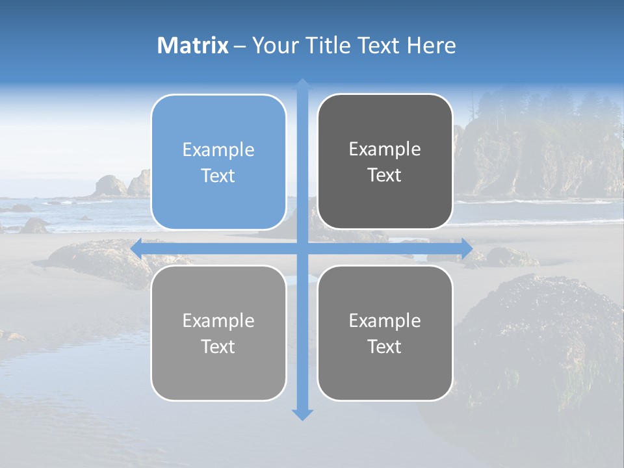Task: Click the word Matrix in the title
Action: click(192, 45)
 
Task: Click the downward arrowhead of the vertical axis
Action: click(302, 414)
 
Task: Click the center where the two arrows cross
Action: click(302, 248)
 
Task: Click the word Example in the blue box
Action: click(218, 149)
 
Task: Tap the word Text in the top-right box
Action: click(385, 175)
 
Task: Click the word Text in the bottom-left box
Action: click(218, 346)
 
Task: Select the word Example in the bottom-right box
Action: click(385, 320)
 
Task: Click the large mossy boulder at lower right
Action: click(539, 338)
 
